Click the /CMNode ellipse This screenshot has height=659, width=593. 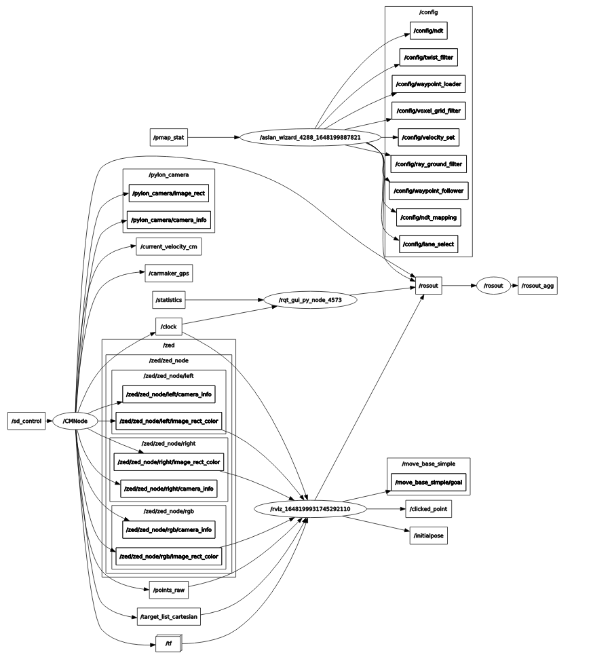point(75,421)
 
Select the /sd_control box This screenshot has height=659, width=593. point(26,421)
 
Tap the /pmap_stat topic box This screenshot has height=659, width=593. point(168,137)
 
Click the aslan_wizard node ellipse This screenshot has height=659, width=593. point(309,137)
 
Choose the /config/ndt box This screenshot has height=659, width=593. point(429,30)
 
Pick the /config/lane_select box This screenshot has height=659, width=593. point(428,244)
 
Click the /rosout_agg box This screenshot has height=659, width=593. point(538,286)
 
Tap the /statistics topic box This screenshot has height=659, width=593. point(168,299)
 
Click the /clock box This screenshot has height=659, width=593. point(169,326)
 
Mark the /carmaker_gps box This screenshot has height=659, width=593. point(169,274)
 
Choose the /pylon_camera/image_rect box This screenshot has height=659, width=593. point(169,193)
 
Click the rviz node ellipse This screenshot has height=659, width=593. point(311,508)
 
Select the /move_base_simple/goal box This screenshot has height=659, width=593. point(429,483)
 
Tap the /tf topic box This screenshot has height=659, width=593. point(168,643)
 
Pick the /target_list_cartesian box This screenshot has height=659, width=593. point(169,616)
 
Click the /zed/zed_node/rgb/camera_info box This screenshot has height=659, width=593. point(169,529)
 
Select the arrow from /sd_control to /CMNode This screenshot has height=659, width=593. point(49,421)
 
